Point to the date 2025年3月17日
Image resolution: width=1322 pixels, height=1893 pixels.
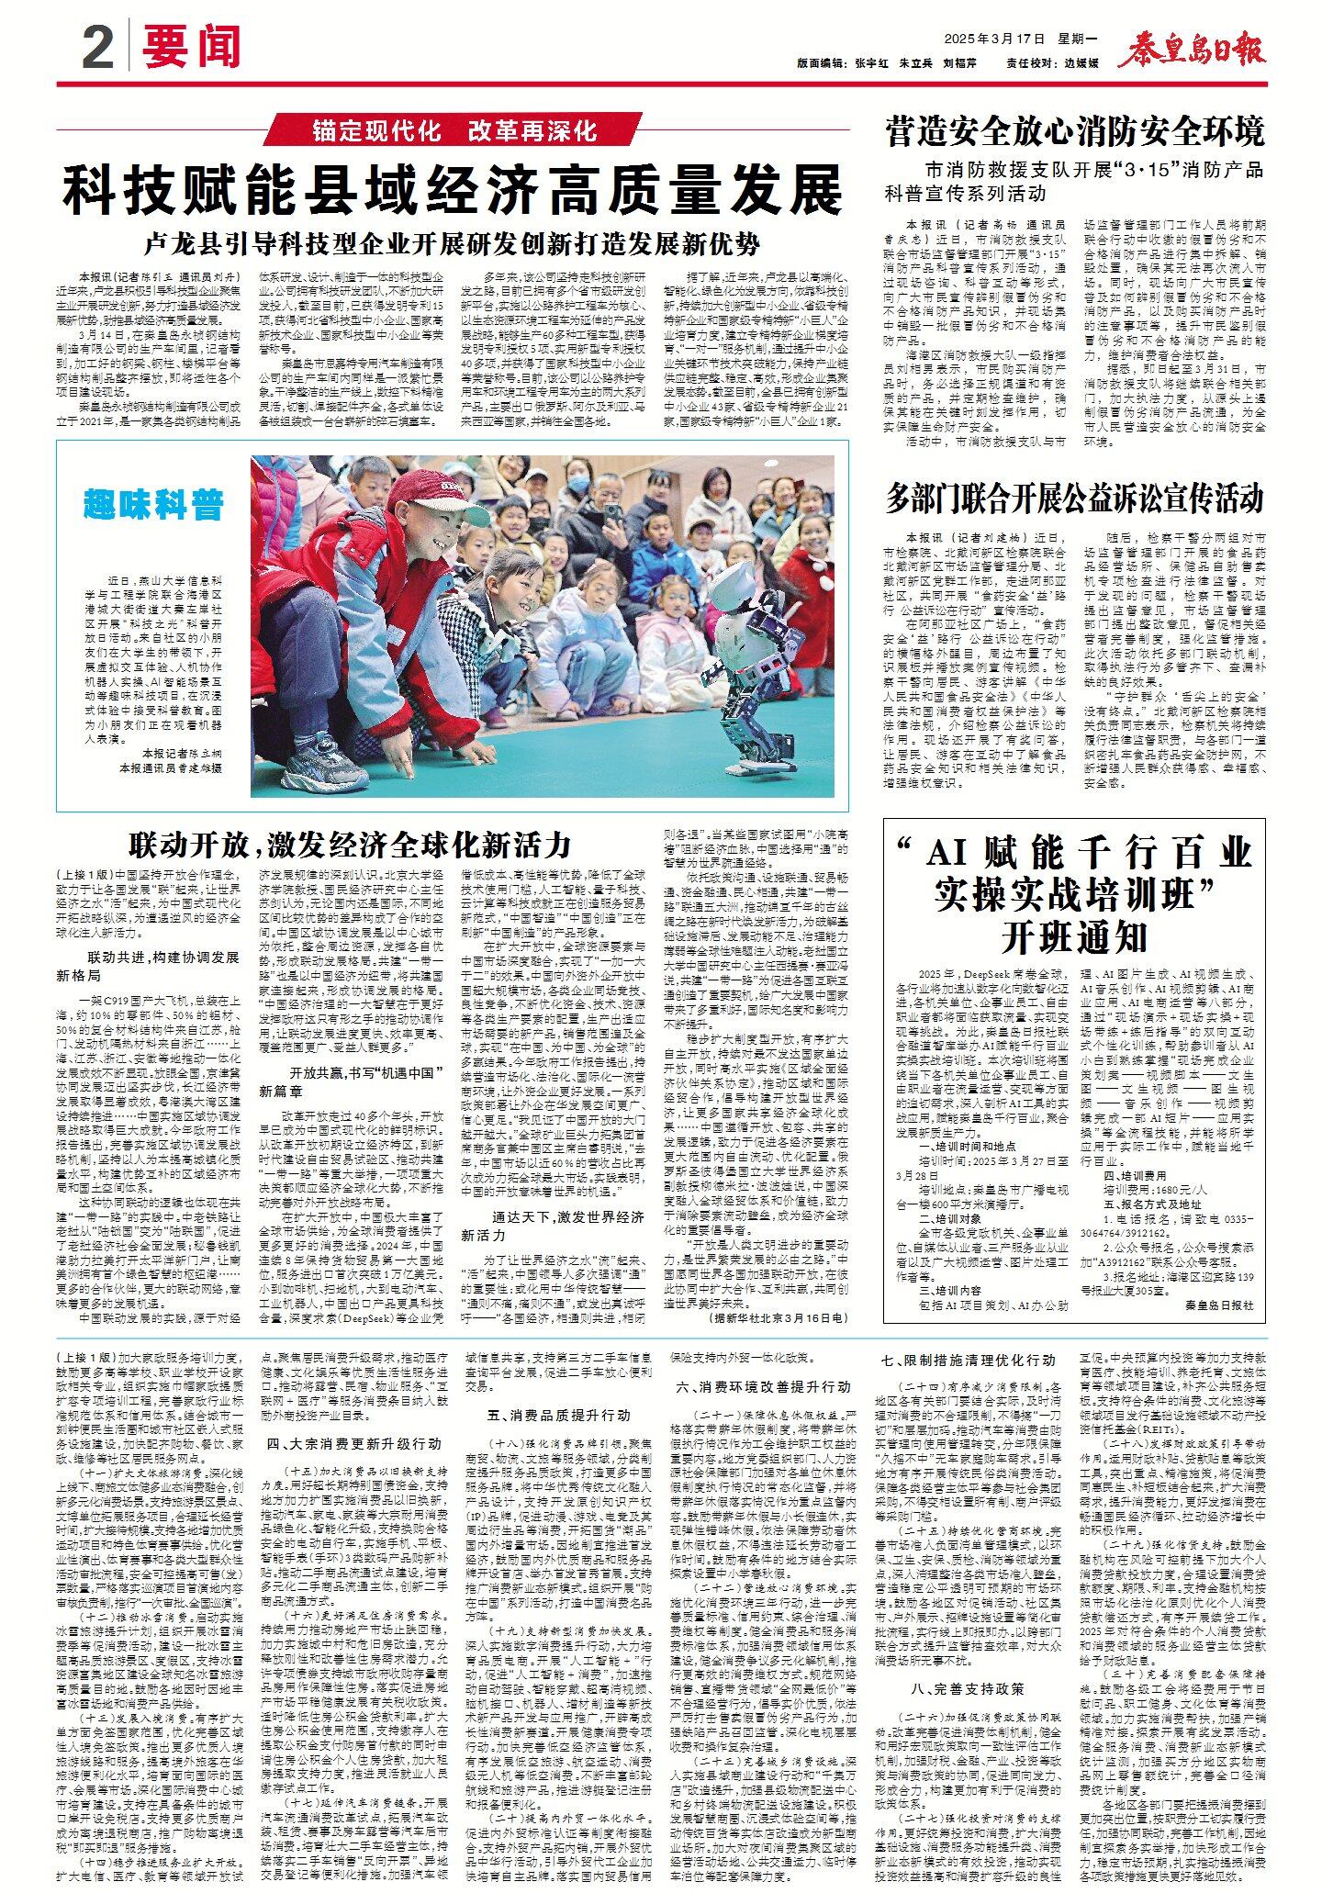coord(995,39)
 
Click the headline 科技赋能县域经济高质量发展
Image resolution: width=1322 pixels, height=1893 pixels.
coord(453,190)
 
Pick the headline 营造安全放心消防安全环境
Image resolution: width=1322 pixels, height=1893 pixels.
coord(1074,131)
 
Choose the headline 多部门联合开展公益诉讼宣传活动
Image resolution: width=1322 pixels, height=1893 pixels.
coord(1074,498)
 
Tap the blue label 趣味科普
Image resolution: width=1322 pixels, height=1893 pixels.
coord(153,504)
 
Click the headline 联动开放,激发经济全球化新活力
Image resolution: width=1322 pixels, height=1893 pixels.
coord(350,843)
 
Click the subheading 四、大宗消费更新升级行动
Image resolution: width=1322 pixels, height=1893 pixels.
coord(354,1443)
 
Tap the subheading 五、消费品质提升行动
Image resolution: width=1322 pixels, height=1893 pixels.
coord(559,1415)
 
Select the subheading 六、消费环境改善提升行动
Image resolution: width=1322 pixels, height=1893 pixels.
coord(764,1386)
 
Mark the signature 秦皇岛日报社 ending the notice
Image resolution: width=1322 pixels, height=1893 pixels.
coord(1218,1305)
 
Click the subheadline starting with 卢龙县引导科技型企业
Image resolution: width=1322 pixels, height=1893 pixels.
coord(453,244)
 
